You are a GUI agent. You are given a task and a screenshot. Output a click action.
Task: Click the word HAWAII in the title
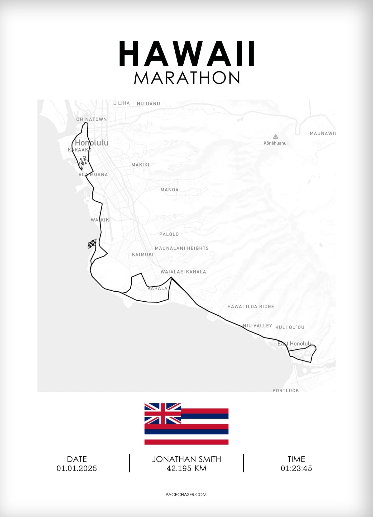[187, 54]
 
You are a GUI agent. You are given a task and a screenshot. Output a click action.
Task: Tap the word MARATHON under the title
[187, 78]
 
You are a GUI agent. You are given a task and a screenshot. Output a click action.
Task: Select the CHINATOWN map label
[92, 119]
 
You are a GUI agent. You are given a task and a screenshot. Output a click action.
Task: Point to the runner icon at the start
[83, 162]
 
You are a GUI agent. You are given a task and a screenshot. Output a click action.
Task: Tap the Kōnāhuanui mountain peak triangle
[275, 137]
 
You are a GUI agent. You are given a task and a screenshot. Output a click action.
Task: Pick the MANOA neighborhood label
[170, 190]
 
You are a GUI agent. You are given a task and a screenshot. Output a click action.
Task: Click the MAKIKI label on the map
[140, 165]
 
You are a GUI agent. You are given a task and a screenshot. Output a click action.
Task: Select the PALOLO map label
[169, 234]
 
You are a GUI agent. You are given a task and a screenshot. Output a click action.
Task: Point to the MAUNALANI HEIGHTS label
[182, 248]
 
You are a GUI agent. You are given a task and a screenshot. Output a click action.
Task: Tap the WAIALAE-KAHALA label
[183, 272]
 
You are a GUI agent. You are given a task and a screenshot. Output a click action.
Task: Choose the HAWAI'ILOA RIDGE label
[251, 307]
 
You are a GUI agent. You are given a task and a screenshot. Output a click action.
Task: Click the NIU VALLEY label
[257, 326]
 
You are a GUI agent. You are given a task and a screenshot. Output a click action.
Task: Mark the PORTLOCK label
[286, 390]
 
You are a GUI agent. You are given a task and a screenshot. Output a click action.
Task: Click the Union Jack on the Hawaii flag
[163, 413]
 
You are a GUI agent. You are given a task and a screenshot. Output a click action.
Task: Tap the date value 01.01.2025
[77, 468]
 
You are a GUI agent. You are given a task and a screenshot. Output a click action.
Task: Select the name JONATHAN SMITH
[186, 459]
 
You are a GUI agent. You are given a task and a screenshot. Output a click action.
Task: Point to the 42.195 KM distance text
[186, 468]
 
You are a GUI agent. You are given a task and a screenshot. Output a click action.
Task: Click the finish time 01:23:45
[296, 468]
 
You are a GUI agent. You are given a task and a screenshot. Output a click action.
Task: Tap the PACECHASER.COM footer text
[186, 495]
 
